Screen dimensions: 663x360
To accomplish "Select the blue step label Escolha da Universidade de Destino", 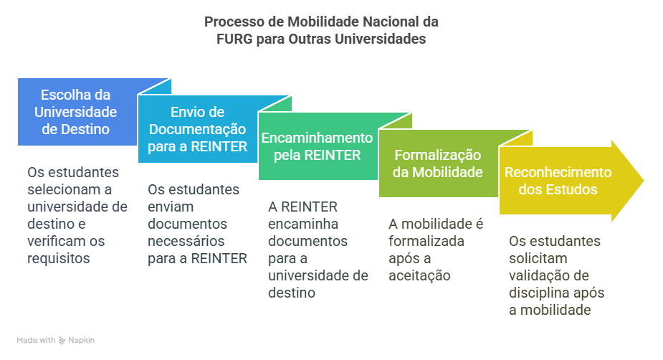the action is coord(76,112).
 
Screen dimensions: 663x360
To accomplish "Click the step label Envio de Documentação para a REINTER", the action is coord(197,129).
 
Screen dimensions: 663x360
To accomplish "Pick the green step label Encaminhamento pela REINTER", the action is coord(317,146).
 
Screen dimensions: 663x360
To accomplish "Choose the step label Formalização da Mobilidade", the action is coord(438,164).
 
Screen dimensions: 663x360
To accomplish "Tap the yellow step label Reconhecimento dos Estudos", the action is coord(558,181).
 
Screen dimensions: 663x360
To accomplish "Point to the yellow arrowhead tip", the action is coord(644,181).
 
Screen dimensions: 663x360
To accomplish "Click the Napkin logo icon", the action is coord(62,340).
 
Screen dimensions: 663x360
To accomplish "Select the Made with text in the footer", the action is coord(36,340).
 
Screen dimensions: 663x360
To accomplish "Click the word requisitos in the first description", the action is coord(59,258).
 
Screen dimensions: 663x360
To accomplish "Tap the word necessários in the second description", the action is coord(186,241).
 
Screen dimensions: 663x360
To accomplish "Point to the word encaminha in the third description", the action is coord(303,224).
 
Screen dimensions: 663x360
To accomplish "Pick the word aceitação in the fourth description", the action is coord(419,276).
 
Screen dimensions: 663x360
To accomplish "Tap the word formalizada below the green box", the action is coord(426,241).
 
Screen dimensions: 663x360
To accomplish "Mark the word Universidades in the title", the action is coord(381,39).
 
